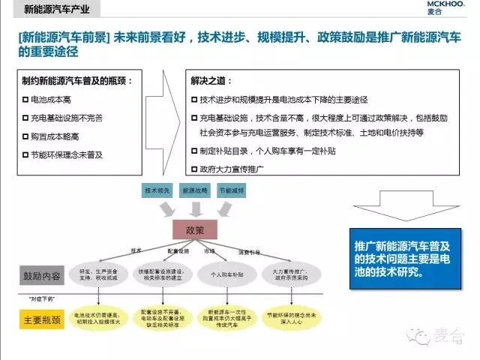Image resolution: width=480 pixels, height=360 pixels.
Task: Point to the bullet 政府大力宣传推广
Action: point(231,169)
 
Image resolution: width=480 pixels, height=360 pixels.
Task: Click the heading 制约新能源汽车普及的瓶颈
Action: point(78,80)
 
